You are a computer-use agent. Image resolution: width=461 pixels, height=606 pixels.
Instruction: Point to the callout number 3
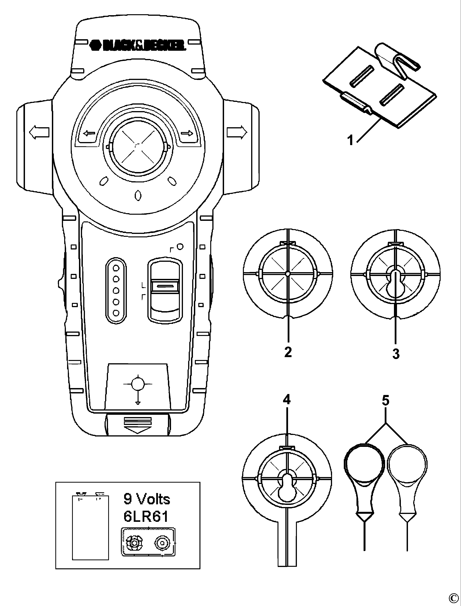[396, 354]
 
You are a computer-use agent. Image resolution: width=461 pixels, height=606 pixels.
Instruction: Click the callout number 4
[287, 400]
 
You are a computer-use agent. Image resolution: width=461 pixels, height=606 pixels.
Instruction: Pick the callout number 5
[385, 401]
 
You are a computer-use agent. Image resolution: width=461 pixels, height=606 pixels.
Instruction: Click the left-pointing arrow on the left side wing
[39, 132]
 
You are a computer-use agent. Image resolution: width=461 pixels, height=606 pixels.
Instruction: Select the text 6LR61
[145, 516]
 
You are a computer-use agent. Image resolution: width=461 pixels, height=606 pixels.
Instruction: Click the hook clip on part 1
[395, 62]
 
